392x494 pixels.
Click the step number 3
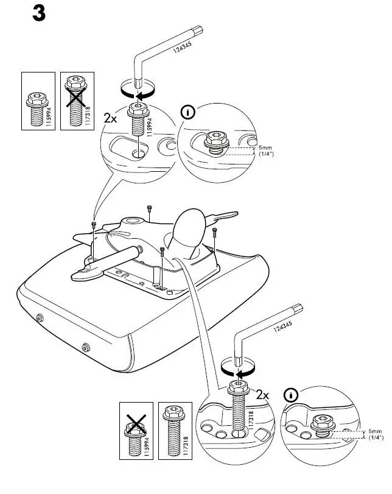(x=38, y=15)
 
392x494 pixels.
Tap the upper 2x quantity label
(x=110, y=118)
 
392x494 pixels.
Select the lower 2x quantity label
(x=262, y=395)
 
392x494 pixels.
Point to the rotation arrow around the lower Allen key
(x=238, y=372)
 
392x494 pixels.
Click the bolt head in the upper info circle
(x=215, y=141)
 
